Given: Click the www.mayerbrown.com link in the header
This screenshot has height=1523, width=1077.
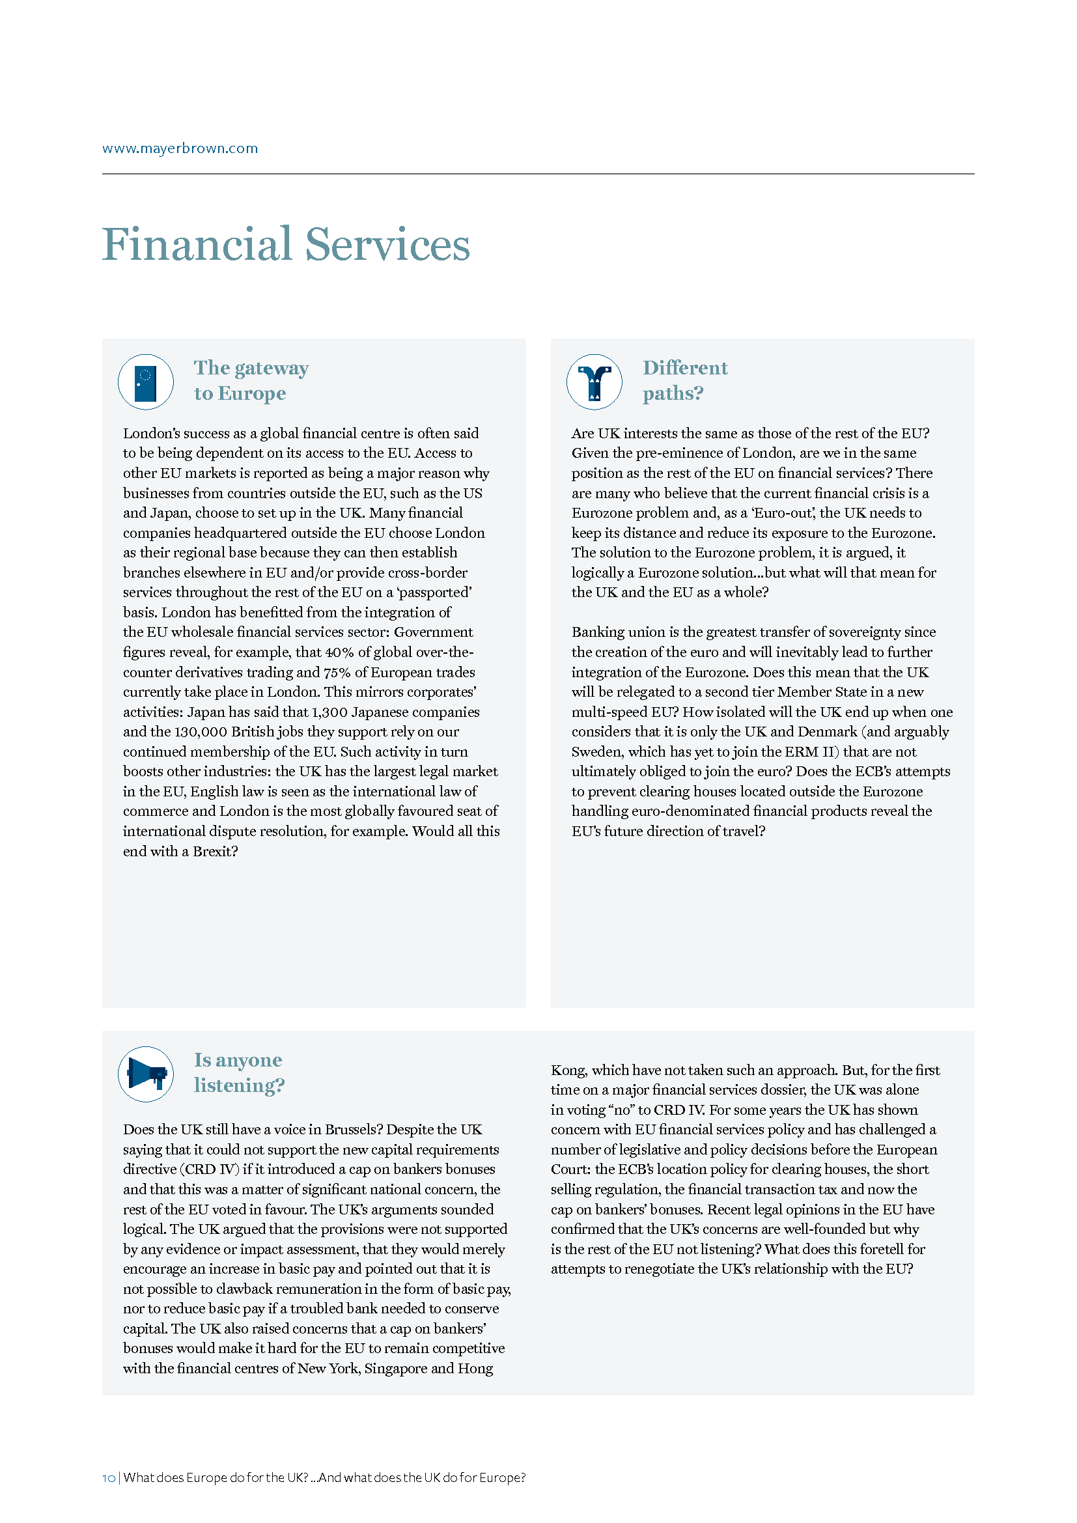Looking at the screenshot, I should pyautogui.click(x=180, y=148).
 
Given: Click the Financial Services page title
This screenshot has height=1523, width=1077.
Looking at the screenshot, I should pyautogui.click(x=286, y=245).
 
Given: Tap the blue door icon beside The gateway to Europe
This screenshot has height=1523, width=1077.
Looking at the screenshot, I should pyautogui.click(x=146, y=383).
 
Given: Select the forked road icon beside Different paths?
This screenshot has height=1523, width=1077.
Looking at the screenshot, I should pyautogui.click(x=594, y=383).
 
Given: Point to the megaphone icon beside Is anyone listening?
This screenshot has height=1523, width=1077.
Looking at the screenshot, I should pyautogui.click(x=146, y=1073).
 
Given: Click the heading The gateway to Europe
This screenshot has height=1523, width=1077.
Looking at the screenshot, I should pyautogui.click(x=251, y=381).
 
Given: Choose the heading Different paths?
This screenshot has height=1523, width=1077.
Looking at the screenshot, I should pyautogui.click(x=684, y=381).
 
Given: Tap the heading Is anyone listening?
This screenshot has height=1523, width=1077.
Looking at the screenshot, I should pyautogui.click(x=239, y=1072).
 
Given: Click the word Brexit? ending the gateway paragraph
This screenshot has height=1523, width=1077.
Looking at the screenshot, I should pyautogui.click(x=215, y=851).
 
